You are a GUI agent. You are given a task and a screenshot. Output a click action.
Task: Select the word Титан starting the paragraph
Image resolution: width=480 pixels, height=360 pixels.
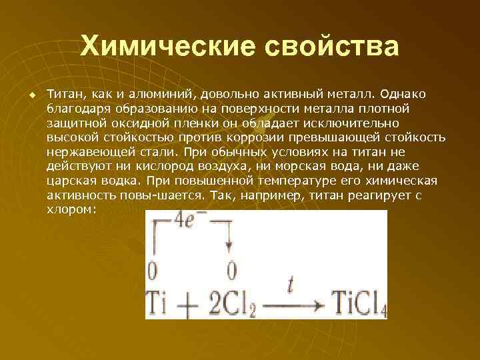click(x=64, y=94)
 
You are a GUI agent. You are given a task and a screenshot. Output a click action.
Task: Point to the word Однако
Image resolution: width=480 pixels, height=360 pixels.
click(x=409, y=94)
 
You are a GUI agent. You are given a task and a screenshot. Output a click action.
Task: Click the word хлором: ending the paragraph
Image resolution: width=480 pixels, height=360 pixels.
click(x=71, y=209)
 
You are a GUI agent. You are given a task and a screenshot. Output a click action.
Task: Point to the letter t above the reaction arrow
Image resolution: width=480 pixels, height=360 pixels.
click(x=291, y=285)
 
